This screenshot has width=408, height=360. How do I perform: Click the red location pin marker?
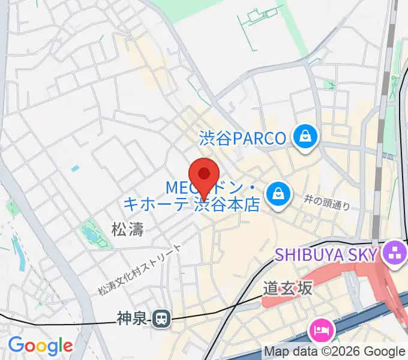204,175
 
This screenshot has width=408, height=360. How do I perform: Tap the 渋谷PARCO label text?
242,139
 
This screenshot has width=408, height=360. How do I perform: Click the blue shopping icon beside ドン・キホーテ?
278,193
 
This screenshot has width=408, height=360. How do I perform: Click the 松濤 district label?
127,228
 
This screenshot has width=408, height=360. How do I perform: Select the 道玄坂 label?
288,289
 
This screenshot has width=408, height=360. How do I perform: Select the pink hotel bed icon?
320,331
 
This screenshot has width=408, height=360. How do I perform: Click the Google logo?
40,346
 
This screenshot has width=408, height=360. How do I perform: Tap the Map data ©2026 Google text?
335,351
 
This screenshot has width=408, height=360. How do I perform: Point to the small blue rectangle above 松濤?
74,169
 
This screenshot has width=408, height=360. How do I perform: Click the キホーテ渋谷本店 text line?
191,205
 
